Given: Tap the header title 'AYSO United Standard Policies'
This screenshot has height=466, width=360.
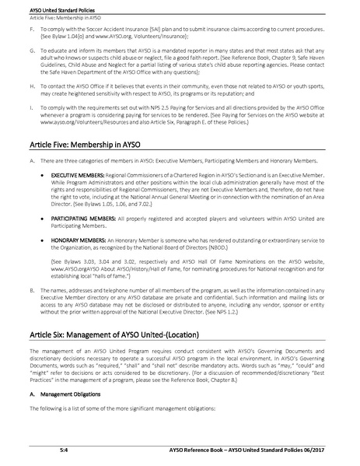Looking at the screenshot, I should point(51,5).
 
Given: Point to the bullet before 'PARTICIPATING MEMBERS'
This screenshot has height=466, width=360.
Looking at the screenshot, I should point(42,220).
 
